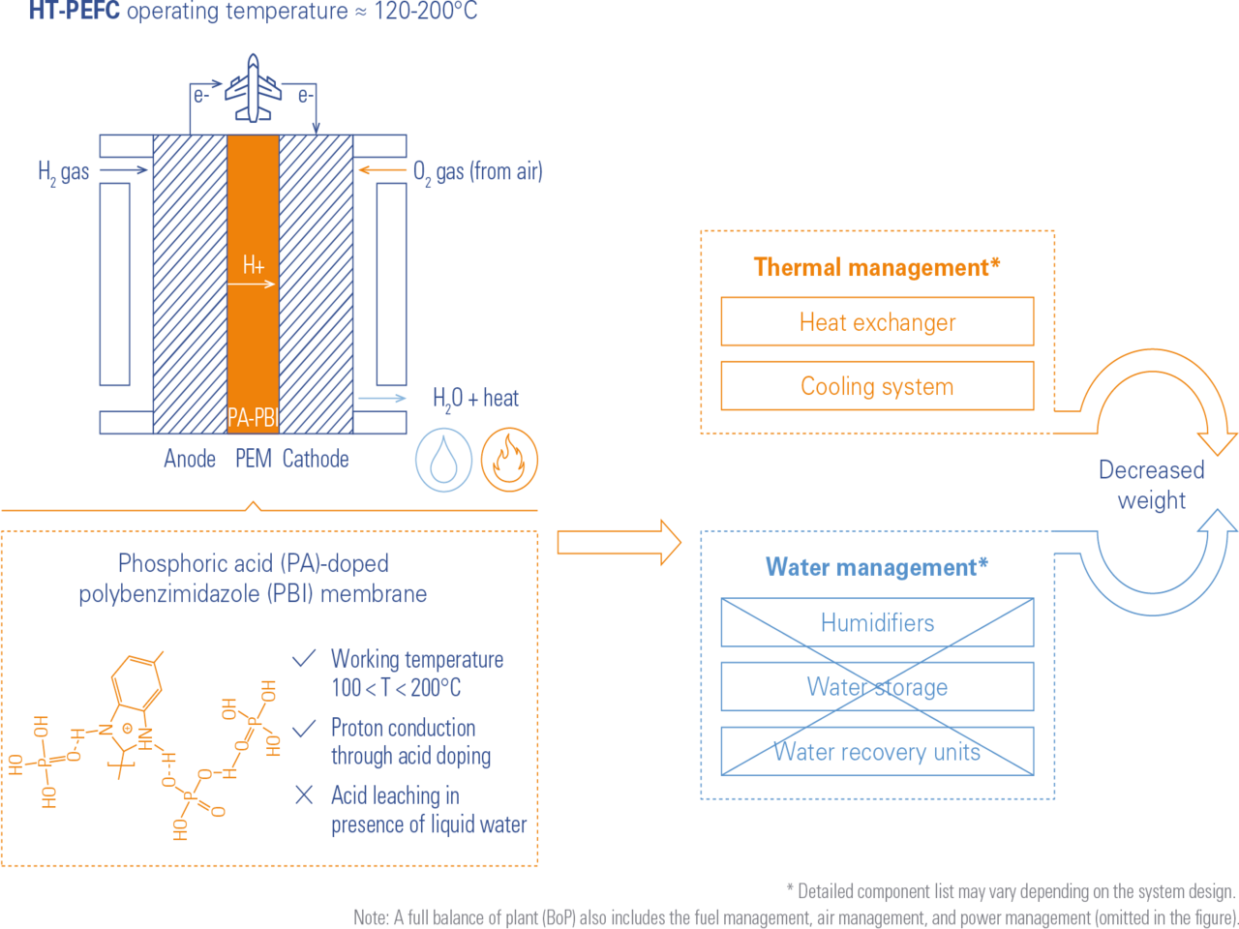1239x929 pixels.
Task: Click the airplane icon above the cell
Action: tap(253, 88)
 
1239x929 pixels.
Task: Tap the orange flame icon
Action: tap(510, 460)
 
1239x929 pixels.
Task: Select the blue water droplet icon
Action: tap(444, 460)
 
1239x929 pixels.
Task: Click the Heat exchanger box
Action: tap(877, 322)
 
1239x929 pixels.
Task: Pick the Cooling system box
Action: tap(877, 386)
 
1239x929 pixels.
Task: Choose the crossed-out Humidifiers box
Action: tap(877, 622)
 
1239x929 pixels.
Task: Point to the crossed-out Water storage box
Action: tap(877, 687)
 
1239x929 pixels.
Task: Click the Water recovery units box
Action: tap(877, 751)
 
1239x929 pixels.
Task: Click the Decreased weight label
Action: tap(1151, 485)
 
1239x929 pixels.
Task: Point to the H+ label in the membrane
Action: tap(254, 264)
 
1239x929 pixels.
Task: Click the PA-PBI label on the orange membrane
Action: tap(253, 418)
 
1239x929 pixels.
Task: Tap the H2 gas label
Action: tap(64, 172)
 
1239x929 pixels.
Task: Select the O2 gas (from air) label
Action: tap(477, 172)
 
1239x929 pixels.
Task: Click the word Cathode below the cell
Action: tap(316, 459)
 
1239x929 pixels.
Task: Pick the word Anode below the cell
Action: tap(190, 459)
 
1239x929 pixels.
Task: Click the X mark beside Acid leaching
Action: tap(304, 795)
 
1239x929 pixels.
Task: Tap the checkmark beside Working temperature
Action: tap(304, 659)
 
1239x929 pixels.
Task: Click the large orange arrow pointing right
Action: tap(619, 542)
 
